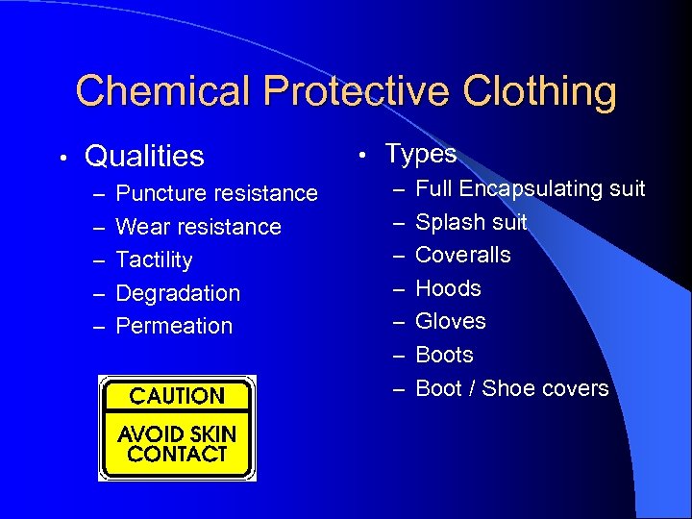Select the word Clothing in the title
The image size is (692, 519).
tap(540, 92)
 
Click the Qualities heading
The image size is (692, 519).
tap(144, 156)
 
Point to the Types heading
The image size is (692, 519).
tap(420, 154)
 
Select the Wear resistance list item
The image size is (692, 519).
tap(198, 227)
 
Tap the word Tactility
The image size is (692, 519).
tap(154, 260)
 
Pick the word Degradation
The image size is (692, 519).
tap(178, 293)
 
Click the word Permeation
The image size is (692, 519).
tap(174, 326)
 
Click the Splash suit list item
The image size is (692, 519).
tap(471, 222)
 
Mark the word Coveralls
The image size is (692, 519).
tap(463, 255)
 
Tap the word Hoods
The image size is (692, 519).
tap(448, 288)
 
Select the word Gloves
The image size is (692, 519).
tap(451, 321)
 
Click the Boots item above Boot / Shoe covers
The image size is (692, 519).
tap(444, 355)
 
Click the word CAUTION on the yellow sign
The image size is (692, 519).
tap(177, 396)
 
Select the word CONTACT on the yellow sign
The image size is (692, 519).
tap(177, 454)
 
